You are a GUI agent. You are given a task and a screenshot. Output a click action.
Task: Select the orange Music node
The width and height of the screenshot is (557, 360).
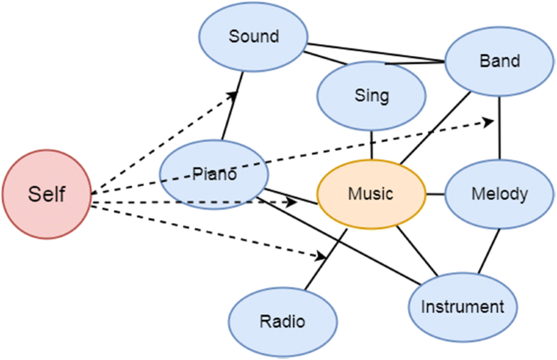[x=370, y=194]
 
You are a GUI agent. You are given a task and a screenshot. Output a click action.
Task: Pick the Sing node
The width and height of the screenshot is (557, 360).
[x=371, y=95]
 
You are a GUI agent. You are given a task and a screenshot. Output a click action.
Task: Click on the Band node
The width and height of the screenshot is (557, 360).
[x=500, y=61]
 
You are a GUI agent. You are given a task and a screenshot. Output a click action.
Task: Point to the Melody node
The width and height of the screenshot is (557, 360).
[x=500, y=194]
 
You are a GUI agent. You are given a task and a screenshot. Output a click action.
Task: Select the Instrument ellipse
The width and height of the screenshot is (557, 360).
[x=462, y=307]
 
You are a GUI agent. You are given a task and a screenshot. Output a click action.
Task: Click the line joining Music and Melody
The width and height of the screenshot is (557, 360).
[x=435, y=194]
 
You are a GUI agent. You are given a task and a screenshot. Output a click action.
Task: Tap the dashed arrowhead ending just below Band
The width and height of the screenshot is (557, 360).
[x=489, y=122]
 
